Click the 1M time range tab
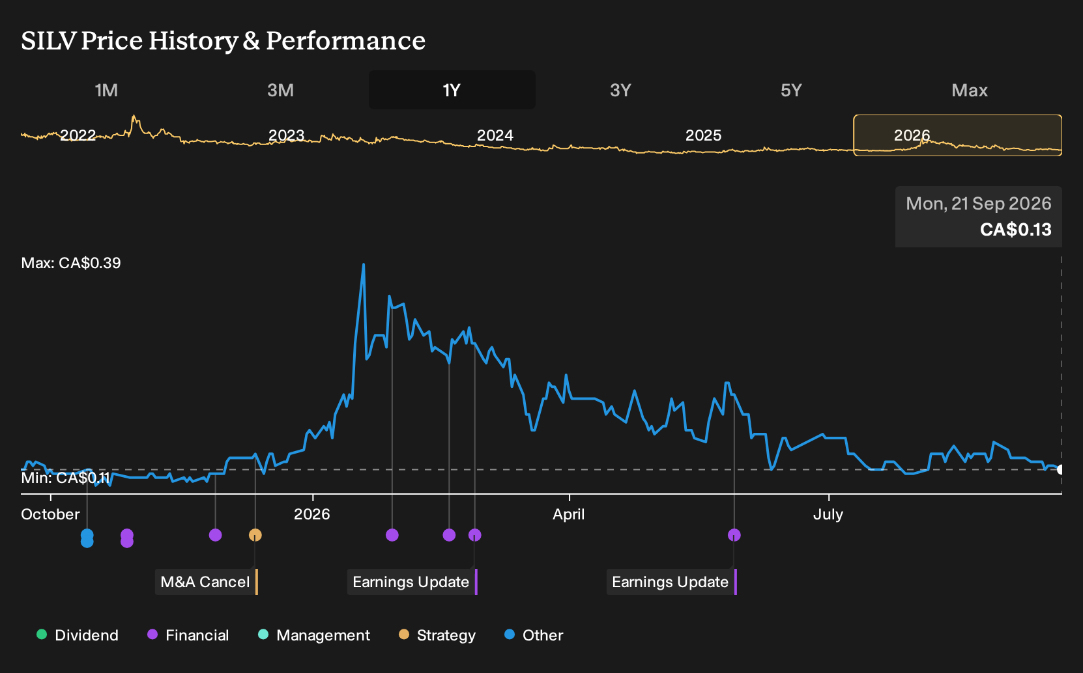click(x=106, y=90)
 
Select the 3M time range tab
click(x=280, y=90)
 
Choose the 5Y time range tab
click(x=791, y=90)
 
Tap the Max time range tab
click(x=970, y=90)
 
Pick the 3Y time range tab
click(x=620, y=90)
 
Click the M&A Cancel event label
click(x=205, y=582)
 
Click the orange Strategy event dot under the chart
click(x=255, y=535)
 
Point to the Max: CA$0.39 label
click(x=71, y=263)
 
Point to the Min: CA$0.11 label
click(x=65, y=478)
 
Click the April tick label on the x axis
click(x=569, y=514)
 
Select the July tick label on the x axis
click(x=828, y=514)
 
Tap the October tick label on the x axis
click(x=50, y=514)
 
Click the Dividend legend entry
click(x=78, y=635)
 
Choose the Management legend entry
click(x=314, y=635)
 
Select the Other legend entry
click(x=534, y=635)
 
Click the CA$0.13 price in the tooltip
click(x=1015, y=229)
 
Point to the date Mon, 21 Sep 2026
click(x=979, y=204)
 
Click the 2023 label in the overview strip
click(x=286, y=135)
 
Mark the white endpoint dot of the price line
click(x=1060, y=469)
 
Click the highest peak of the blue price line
click(x=364, y=264)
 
